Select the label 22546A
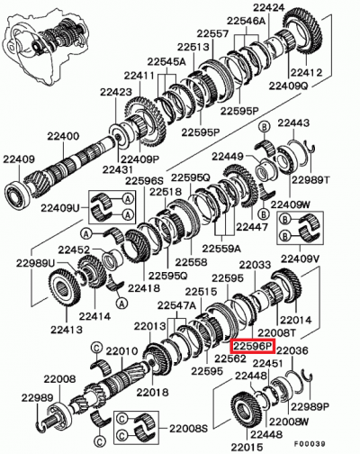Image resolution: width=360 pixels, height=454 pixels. point(245,20)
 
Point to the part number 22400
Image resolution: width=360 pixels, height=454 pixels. point(64,136)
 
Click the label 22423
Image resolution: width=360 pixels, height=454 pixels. point(117,92)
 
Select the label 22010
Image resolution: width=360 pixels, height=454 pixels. point(119,350)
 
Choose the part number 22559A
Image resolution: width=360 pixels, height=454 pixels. point(220,247)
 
